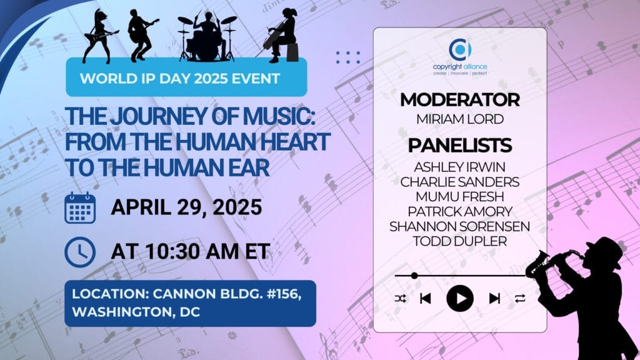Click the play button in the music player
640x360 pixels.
460,298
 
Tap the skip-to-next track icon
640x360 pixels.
495,298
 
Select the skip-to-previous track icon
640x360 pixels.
425,298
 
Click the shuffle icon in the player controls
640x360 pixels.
401,299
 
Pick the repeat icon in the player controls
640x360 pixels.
520,299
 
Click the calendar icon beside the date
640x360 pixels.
80,207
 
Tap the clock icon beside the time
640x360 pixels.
80,252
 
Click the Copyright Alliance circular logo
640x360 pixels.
460,49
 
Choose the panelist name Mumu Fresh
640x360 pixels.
460,197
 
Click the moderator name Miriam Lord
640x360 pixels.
460,119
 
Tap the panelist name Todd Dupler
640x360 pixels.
460,241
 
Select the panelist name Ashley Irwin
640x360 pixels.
460,167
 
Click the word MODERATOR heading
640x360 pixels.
460,99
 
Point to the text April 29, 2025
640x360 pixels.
186,207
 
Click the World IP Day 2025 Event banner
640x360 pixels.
186,77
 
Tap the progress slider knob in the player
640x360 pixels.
414,276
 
